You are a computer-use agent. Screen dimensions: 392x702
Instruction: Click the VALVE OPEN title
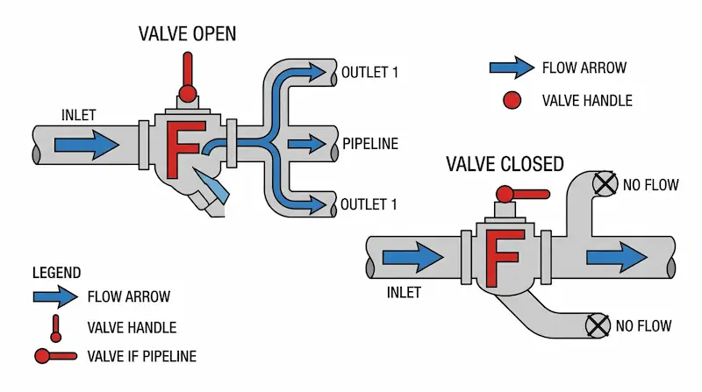[x=187, y=35]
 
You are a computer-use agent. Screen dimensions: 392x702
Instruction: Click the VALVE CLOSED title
[x=505, y=164]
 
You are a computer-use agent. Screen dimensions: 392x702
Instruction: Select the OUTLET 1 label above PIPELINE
[x=370, y=72]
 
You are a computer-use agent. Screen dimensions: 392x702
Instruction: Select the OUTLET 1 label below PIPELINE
[x=370, y=204]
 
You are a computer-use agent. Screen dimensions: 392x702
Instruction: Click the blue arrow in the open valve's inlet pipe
[x=86, y=143]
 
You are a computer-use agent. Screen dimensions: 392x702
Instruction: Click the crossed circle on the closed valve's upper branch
[x=603, y=184]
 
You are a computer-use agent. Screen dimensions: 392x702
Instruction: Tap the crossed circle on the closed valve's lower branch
[x=598, y=325]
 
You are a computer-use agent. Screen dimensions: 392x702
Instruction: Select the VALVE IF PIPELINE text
[x=142, y=355]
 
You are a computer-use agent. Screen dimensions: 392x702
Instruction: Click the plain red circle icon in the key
[x=511, y=100]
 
